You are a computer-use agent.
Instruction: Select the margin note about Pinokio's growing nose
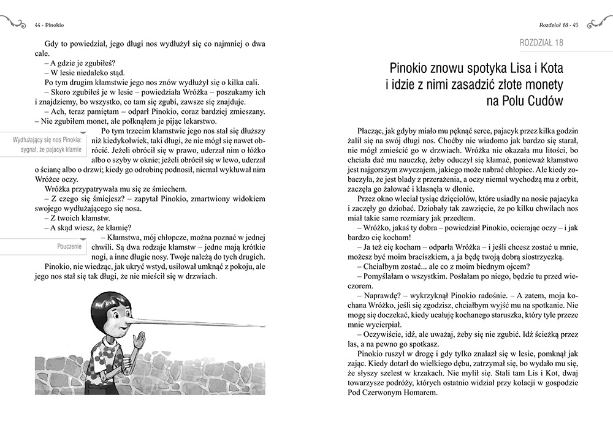pos(47,145)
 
